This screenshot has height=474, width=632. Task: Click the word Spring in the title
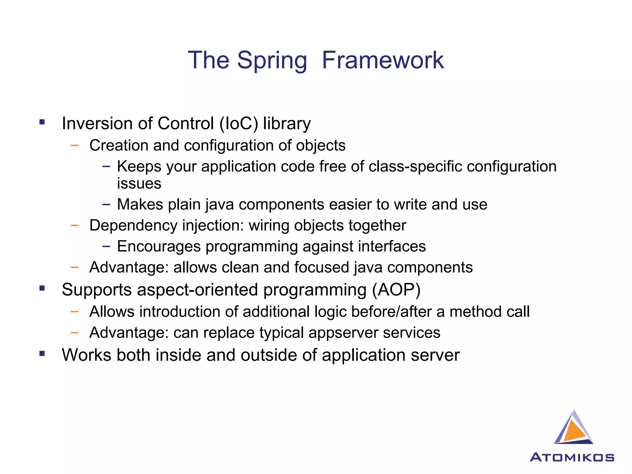coord(272,60)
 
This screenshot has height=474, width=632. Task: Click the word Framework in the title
coord(383,60)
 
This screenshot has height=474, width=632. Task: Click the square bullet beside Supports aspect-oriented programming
coord(42,288)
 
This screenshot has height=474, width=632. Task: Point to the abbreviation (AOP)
coord(396,290)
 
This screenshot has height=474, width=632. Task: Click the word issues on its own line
coord(139,183)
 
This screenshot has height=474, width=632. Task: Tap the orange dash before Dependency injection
coord(74,225)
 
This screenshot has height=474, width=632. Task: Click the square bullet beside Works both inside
coord(42,353)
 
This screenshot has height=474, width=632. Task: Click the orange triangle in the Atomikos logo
coord(575,430)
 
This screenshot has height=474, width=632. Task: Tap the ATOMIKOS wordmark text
coord(572,457)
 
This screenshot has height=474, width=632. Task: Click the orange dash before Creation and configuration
coord(74,145)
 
